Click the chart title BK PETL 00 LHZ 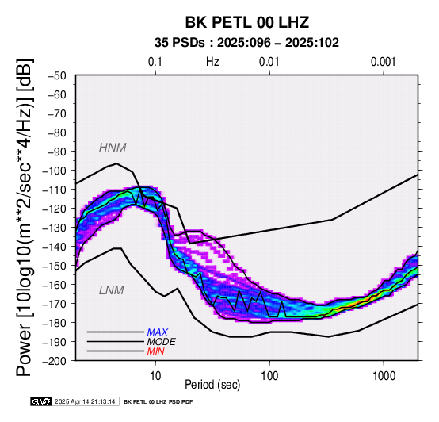coord(247,22)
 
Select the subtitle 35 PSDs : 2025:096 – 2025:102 coord(246,43)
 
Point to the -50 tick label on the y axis coord(56,75)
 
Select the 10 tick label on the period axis coord(155,376)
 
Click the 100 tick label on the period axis coord(269,376)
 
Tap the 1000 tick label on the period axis coord(384,376)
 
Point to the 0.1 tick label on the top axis coord(155,62)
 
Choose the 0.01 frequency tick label coord(269,62)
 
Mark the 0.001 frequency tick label coord(383,62)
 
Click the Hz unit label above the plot coord(212,62)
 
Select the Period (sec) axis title coord(212,385)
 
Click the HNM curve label coord(113,148)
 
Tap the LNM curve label coord(112,290)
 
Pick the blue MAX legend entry coord(158,332)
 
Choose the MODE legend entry coord(162,342)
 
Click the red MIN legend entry coord(155,351)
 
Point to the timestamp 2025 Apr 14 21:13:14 coord(85,402)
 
